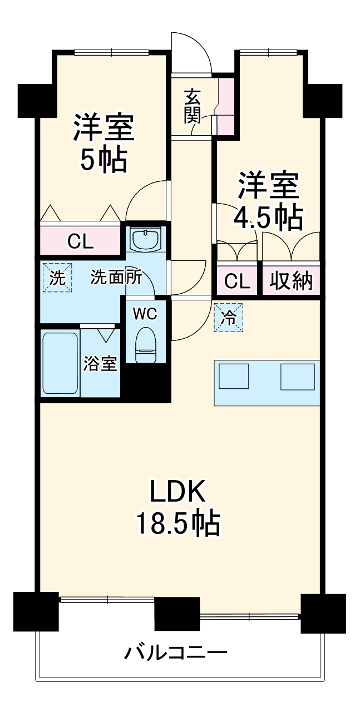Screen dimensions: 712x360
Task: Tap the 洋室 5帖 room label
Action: pos(104,143)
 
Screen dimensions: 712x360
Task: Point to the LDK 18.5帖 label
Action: pos(177,507)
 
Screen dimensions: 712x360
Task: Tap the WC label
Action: pos(145,313)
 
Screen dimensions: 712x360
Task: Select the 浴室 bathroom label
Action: pos(100,364)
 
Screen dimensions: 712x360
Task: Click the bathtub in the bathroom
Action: pos(60,364)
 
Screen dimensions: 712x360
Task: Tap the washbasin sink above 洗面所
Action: pos(145,240)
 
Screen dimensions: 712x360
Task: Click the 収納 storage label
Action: pos(291,282)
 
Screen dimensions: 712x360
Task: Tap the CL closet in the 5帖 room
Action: pos(80,241)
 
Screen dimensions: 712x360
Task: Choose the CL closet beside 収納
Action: pos(237,282)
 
